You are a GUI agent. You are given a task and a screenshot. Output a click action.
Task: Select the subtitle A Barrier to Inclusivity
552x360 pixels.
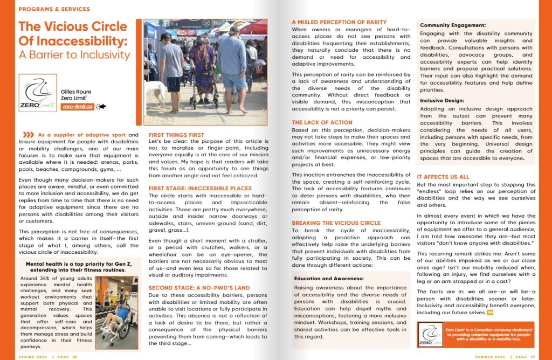pyautogui.click(x=74, y=54)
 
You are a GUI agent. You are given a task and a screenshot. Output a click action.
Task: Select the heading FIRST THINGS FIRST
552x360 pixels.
pyautogui.click(x=176, y=135)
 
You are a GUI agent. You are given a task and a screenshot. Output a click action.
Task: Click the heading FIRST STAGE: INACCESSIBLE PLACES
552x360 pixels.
pyautogui.click(x=199, y=189)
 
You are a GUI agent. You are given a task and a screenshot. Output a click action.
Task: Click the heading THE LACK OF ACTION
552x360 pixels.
pyautogui.click(x=322, y=122)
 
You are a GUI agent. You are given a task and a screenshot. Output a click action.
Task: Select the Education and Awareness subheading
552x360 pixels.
pyautogui.click(x=328, y=279)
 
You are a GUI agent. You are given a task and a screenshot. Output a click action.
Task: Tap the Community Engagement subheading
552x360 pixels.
pyautogui.click(x=453, y=25)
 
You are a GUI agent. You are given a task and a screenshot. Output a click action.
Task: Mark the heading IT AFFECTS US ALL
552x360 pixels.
pyautogui.click(x=443, y=177)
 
